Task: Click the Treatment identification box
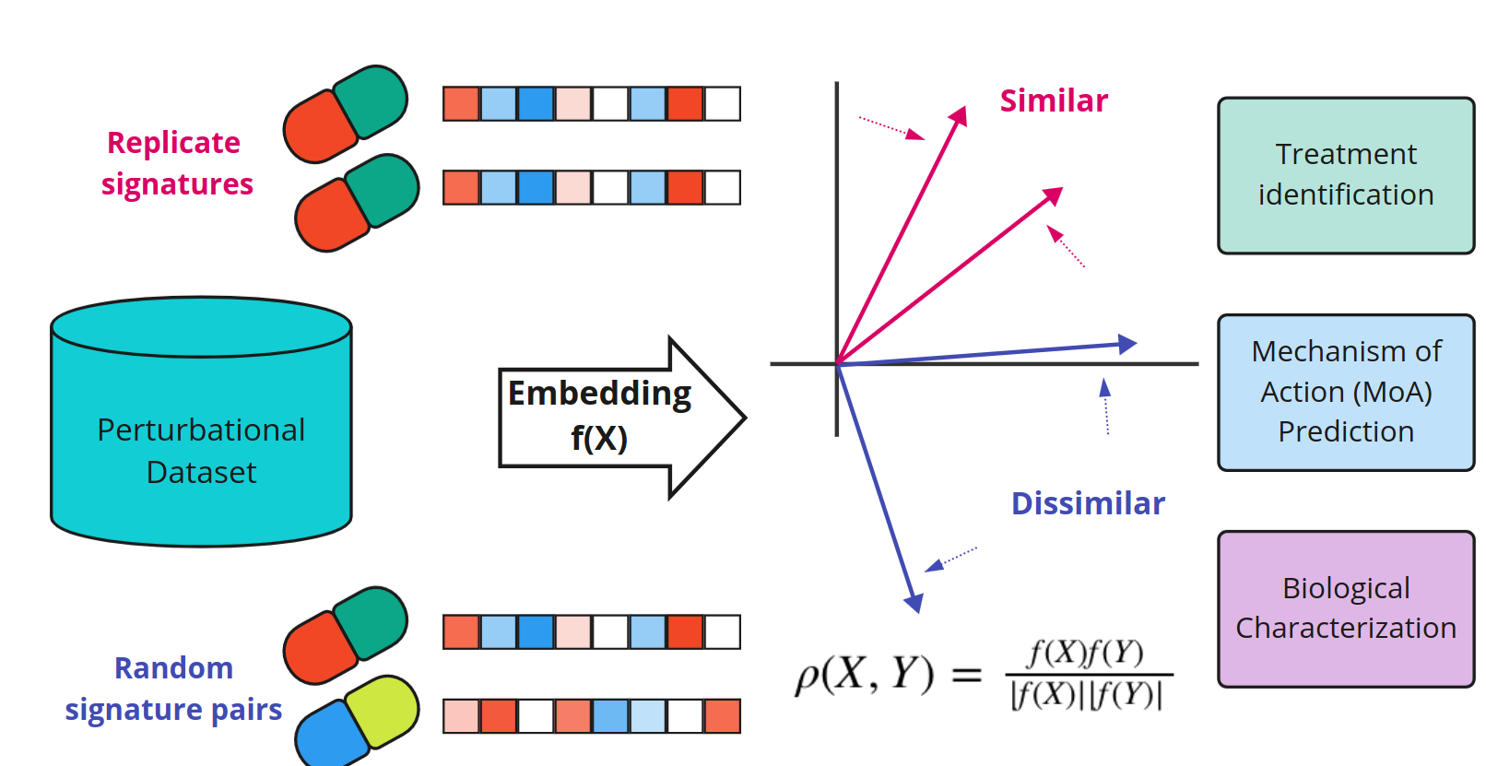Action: pyautogui.click(x=1345, y=175)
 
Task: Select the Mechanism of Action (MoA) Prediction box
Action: pyautogui.click(x=1345, y=393)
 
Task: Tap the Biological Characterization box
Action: pyautogui.click(x=1345, y=608)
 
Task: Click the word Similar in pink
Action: pyautogui.click(x=1054, y=100)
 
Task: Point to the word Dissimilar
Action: pyautogui.click(x=1088, y=503)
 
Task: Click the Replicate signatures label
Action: pyautogui.click(x=175, y=163)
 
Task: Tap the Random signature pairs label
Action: pyautogui.click(x=173, y=689)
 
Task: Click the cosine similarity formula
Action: pyautogui.click(x=983, y=675)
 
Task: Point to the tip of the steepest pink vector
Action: pyautogui.click(x=961, y=113)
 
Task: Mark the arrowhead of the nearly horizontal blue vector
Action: pyautogui.click(x=1127, y=344)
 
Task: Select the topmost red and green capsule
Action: pyautogui.click(x=346, y=113)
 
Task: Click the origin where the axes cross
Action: pyautogui.click(x=837, y=364)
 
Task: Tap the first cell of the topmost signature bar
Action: pyautogui.click(x=461, y=104)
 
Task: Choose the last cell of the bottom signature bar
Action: pyautogui.click(x=723, y=716)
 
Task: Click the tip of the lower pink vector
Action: pyautogui.click(x=1055, y=194)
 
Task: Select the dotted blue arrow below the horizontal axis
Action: pyautogui.click(x=1106, y=406)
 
